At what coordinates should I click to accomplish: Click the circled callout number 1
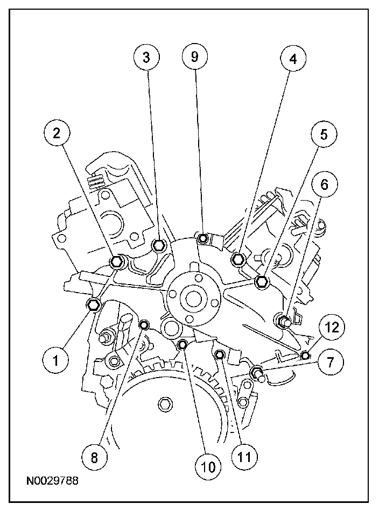[x=56, y=360]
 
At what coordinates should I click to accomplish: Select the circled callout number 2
[x=57, y=133]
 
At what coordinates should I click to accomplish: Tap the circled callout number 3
[x=146, y=57]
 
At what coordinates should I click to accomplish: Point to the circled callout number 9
[x=195, y=56]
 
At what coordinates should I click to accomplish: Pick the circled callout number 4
[x=293, y=59]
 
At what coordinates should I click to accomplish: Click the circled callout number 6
[x=325, y=184]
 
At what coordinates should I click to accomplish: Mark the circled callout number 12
[x=332, y=328]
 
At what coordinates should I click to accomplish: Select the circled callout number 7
[x=330, y=362]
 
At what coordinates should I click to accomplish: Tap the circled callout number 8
[x=94, y=458]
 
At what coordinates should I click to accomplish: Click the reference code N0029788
[x=52, y=480]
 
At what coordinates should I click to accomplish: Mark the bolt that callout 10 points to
[x=183, y=344]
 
